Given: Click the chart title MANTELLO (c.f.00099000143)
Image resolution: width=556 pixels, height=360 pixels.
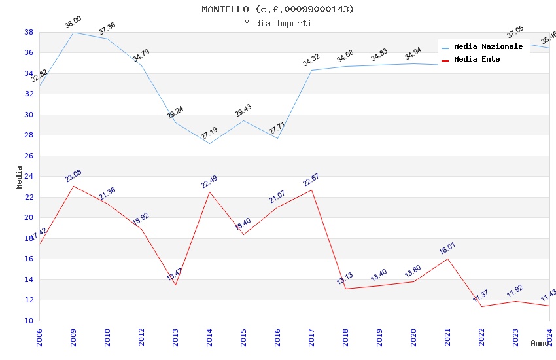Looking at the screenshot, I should coord(278,9).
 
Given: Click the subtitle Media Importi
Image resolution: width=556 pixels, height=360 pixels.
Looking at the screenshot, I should coord(278,23).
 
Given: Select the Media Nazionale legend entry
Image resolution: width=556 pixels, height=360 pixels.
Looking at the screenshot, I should coord(488,46).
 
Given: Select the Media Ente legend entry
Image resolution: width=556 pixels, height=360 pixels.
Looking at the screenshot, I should coord(477,59).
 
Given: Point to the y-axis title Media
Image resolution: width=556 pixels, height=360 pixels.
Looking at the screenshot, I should coord(19,177).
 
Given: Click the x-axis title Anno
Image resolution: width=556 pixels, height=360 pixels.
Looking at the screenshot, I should coord(540,343).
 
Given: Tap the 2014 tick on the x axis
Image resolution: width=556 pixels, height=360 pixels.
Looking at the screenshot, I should coord(209,337).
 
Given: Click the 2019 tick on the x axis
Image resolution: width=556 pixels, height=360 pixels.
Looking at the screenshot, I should coord(379,337).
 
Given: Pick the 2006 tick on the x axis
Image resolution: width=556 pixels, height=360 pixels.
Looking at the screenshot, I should coord(39,337).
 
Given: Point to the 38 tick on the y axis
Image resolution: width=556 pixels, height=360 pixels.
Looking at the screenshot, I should coord(29,32).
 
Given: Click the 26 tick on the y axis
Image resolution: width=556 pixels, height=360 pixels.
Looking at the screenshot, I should coord(29,156).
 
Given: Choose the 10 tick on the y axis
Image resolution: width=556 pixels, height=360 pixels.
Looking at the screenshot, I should coord(29,321).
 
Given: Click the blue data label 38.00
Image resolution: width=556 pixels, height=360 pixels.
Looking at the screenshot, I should coord(73,23).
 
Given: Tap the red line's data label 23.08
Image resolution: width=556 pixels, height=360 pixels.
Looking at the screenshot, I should coord(73,176).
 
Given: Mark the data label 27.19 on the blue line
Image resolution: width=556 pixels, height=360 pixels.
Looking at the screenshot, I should coord(209,134).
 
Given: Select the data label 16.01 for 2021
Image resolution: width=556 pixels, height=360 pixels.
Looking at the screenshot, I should coord(447,249).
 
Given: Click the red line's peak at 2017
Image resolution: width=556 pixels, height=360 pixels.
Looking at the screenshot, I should coord(311,190).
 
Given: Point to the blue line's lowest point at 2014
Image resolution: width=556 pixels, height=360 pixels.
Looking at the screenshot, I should coord(209,143).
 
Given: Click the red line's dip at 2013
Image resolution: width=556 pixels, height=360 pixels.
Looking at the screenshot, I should coord(175,285).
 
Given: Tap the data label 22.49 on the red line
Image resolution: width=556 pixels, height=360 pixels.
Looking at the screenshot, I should coord(209,182).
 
